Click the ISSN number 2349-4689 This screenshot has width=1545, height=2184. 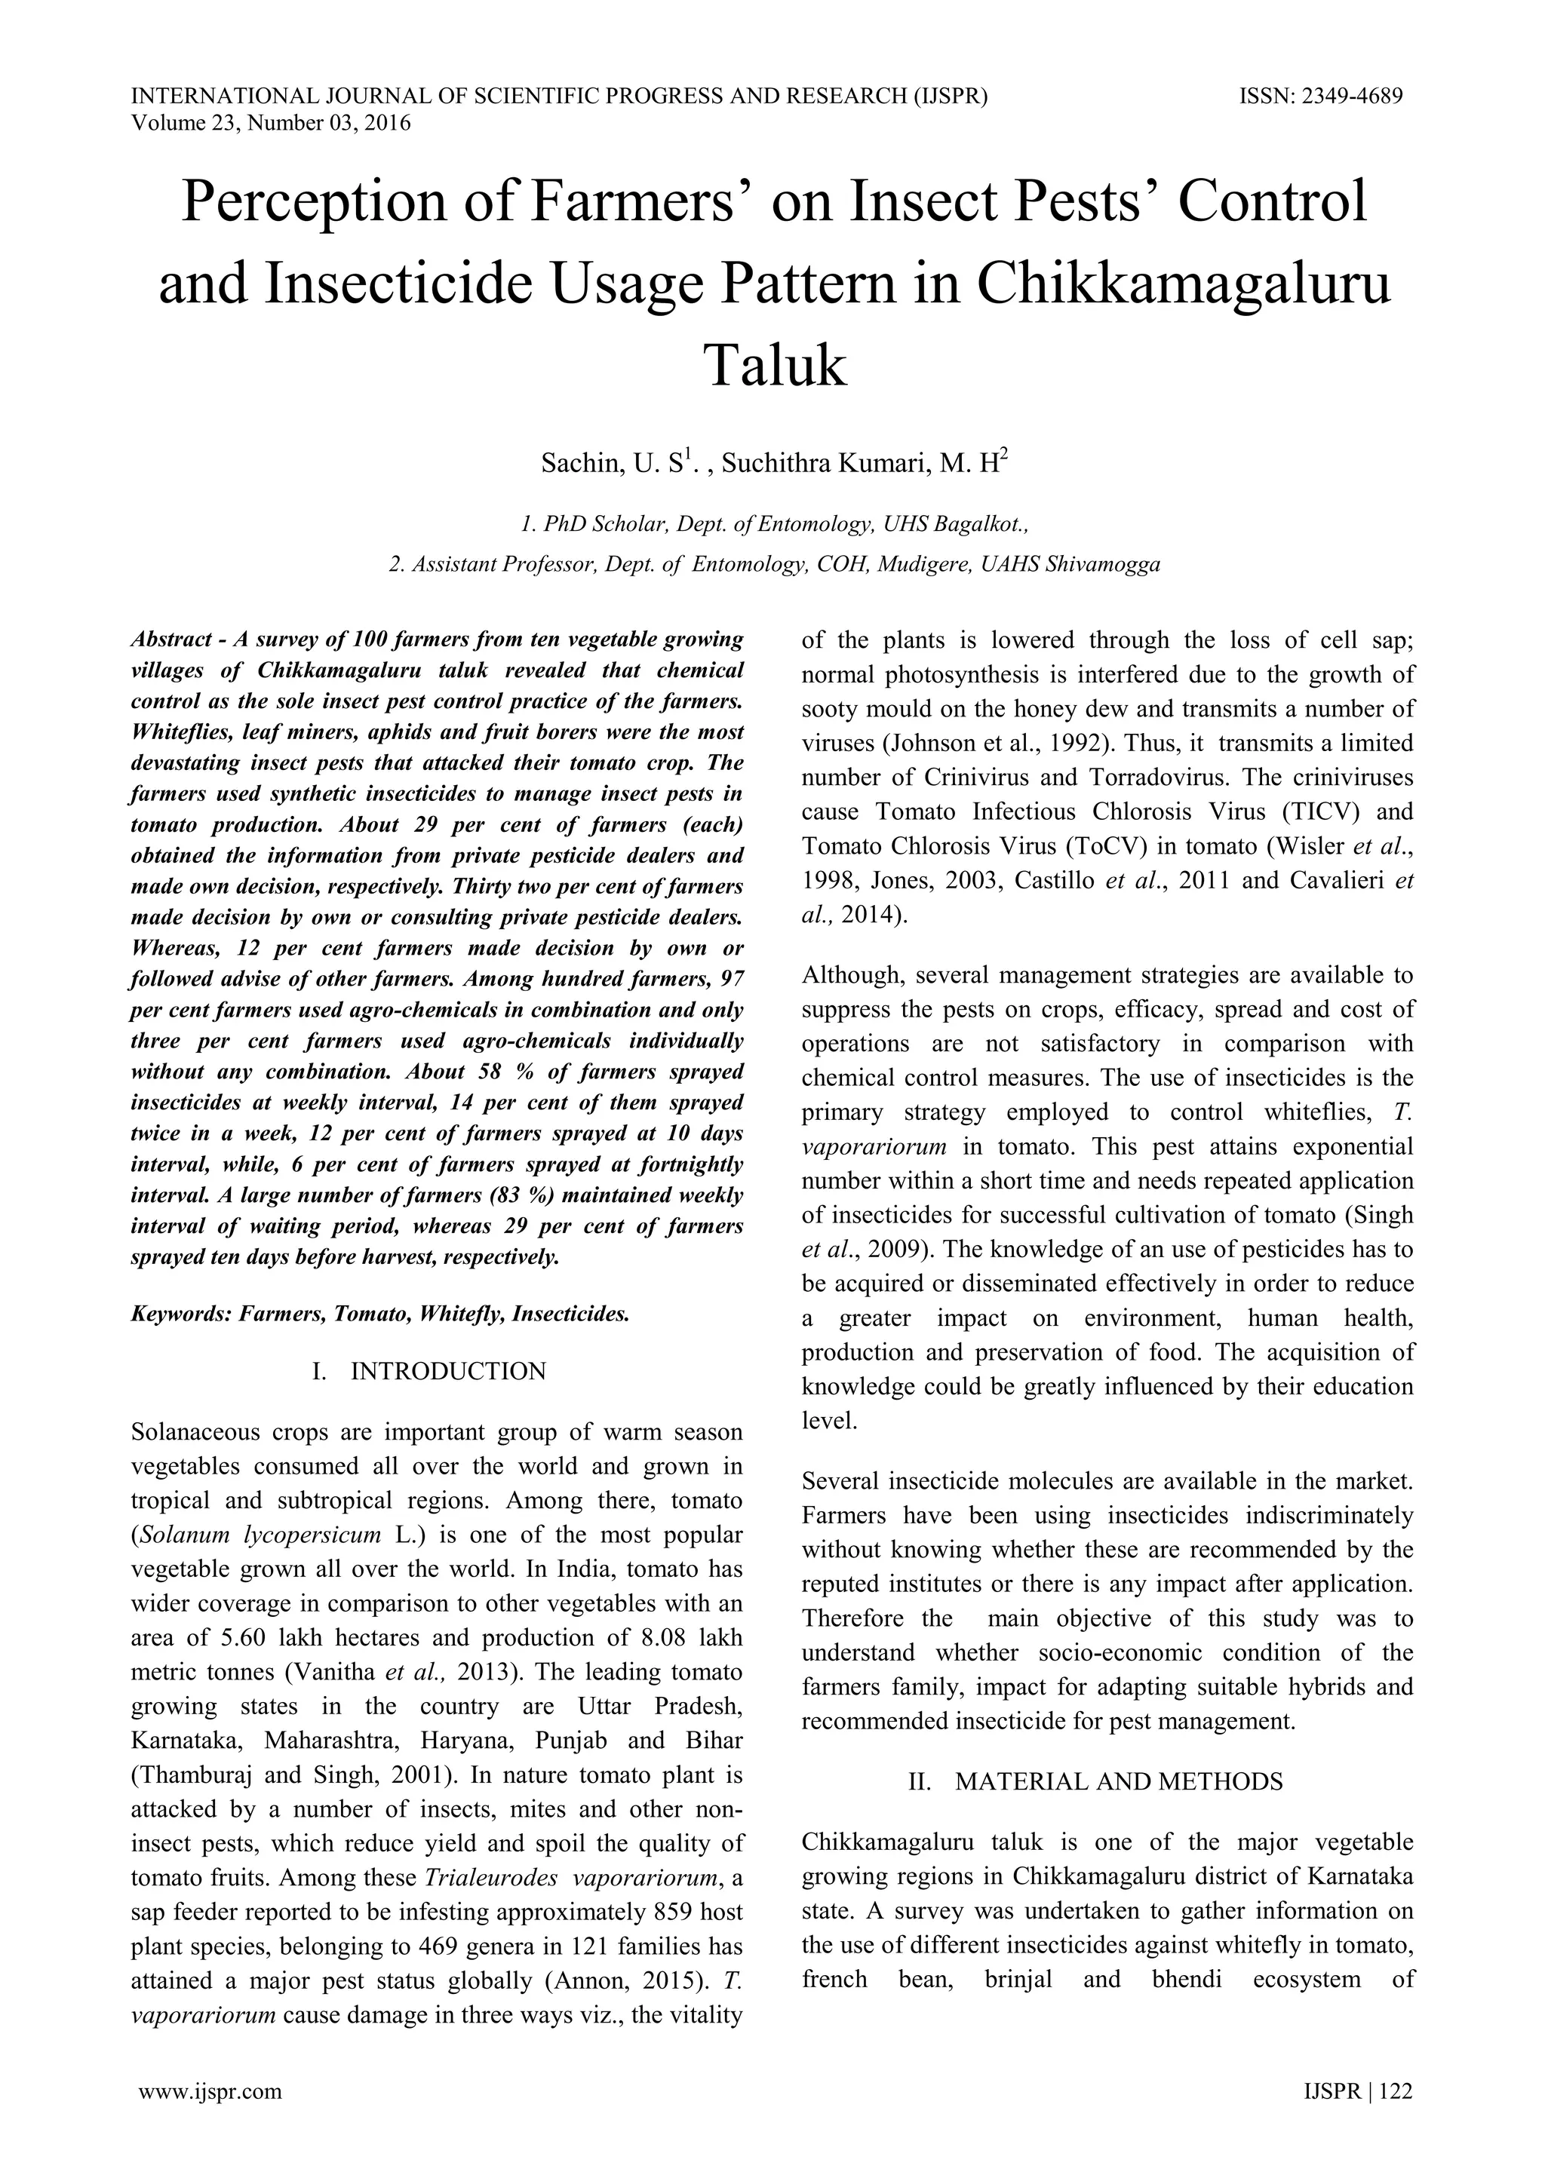point(1351,96)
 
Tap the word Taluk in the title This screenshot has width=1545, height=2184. point(773,367)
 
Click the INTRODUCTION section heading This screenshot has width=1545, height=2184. point(448,1371)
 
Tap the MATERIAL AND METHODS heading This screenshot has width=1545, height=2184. point(1119,1781)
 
